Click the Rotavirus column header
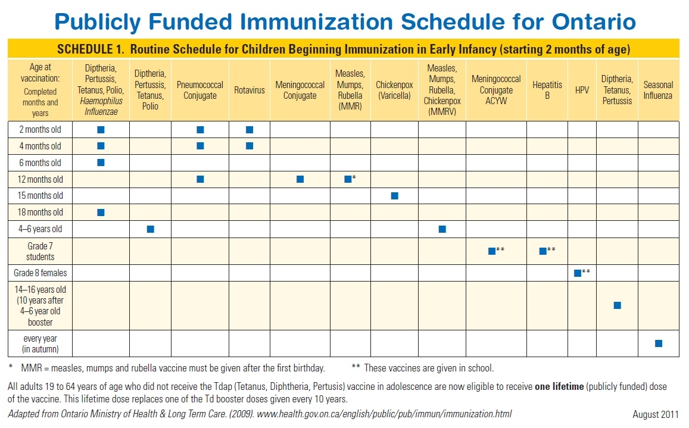(x=250, y=90)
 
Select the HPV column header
(x=582, y=90)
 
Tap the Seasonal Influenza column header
(x=658, y=90)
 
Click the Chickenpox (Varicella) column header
(x=394, y=90)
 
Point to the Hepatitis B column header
(x=547, y=90)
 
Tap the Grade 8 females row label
(x=40, y=273)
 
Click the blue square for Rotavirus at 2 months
(x=250, y=130)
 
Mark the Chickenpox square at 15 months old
(x=394, y=196)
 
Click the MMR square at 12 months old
(x=348, y=179)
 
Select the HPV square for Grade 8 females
(x=577, y=273)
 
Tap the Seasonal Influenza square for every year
(x=658, y=343)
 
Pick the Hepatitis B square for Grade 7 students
(x=543, y=251)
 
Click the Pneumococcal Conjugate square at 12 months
(x=200, y=179)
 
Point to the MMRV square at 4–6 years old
(x=442, y=229)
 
